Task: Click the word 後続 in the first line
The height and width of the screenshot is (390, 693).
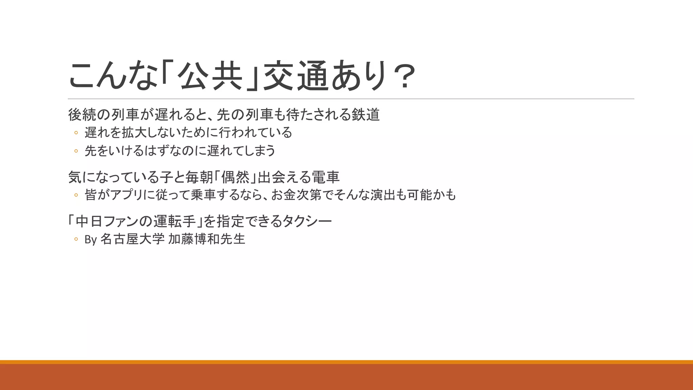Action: coord(82,115)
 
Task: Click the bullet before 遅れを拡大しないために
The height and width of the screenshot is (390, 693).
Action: coord(76,133)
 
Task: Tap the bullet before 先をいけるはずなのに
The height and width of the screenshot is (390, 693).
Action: coord(76,151)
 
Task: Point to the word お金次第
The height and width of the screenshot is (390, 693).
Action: coord(296,195)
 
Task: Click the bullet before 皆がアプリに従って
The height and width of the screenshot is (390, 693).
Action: coord(76,195)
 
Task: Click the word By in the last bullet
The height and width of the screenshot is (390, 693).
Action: coord(91,240)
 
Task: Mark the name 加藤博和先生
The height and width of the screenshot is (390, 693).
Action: coord(206,239)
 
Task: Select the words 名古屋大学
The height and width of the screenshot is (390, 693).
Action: coord(132,239)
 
